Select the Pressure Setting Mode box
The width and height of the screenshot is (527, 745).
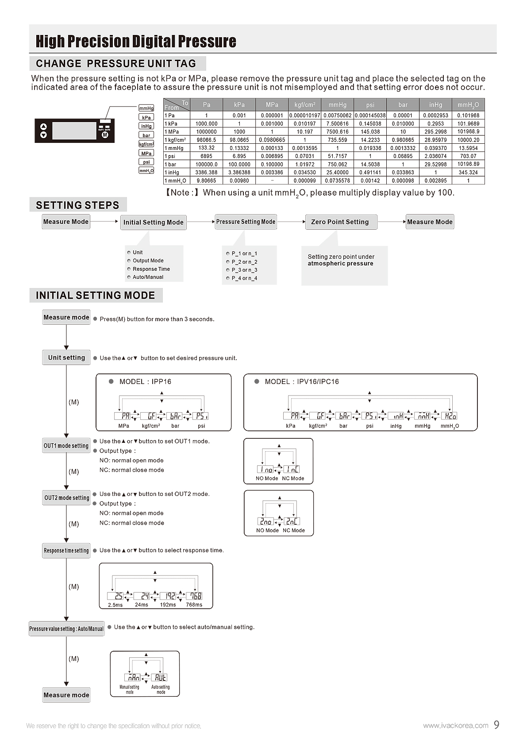point(246,222)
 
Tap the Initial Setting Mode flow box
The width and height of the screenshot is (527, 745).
point(153,223)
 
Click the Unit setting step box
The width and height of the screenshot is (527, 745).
point(66,357)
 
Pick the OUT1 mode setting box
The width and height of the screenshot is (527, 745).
point(66,445)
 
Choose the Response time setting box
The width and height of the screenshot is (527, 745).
point(66,551)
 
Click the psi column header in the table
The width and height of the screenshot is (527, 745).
point(370,105)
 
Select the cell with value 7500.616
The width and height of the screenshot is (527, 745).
point(337,132)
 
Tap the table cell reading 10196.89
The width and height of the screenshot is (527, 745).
point(468,164)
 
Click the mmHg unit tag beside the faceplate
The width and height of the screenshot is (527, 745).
point(146,108)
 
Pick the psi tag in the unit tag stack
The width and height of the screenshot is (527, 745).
point(146,162)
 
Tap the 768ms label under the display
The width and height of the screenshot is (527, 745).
point(194,605)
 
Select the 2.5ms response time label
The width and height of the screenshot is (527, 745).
point(115,605)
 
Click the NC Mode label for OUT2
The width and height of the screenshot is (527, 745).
point(293,530)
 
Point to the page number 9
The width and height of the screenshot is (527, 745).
point(496,725)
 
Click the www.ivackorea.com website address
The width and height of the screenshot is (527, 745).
point(455,726)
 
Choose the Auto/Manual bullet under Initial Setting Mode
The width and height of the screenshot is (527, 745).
point(148,277)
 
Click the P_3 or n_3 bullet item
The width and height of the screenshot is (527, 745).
point(244,270)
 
